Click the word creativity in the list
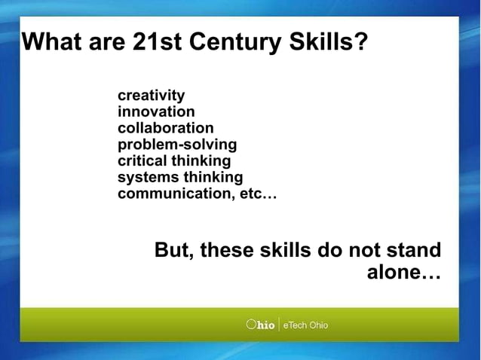[151, 96]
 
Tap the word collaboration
[165, 128]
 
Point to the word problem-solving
[177, 145]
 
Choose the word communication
[174, 194]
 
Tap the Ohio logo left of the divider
[260, 325]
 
